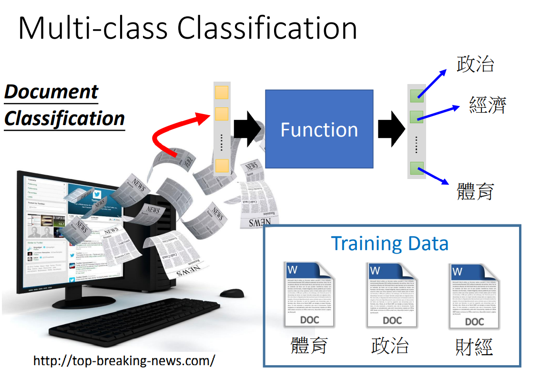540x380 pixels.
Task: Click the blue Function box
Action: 318,129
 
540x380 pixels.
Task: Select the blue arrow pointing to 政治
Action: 432,84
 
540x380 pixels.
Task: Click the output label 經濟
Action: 487,105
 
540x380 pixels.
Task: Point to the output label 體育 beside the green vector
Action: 475,190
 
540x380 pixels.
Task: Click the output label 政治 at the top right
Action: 475,64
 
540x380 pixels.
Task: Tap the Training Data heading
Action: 389,243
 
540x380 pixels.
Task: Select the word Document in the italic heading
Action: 51,92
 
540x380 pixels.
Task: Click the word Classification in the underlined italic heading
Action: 64,118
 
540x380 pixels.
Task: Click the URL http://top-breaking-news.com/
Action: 124,360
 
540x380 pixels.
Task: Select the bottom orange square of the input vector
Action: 222,166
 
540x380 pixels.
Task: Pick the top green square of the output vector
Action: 417,95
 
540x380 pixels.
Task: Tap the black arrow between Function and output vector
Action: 391,129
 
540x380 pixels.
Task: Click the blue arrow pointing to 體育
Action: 434,175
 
